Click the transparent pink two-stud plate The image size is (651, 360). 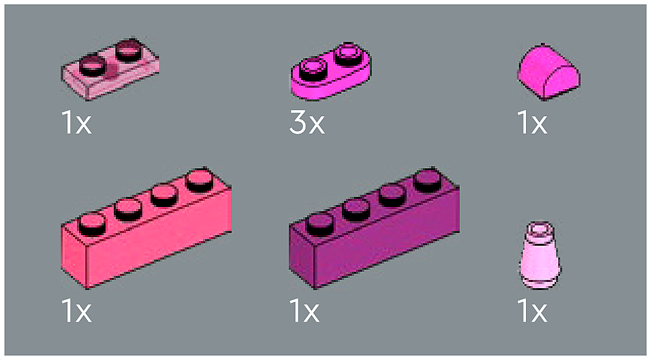coord(110,70)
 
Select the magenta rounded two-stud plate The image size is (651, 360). coord(331,72)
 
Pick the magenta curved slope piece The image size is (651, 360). coord(548,72)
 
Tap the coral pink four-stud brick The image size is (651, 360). coord(146,228)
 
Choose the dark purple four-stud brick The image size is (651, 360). coord(374,228)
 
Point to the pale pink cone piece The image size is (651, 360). coord(540,255)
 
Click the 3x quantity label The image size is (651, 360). coord(307,122)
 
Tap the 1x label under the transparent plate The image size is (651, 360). coord(77,122)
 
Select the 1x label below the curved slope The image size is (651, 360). coord(532,122)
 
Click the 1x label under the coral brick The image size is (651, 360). coord(77,311)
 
